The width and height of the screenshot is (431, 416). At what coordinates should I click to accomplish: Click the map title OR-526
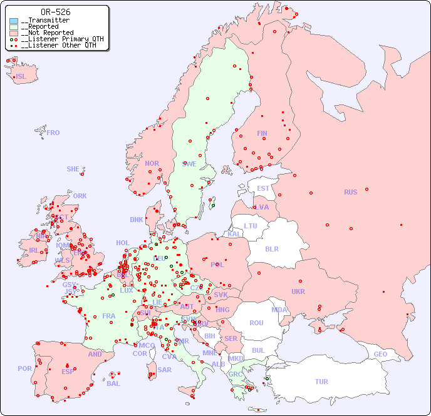pyautogui.click(x=55, y=12)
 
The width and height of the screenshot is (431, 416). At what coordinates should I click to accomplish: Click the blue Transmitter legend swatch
pyautogui.click(x=14, y=21)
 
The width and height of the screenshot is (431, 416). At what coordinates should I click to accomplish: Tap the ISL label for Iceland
pyautogui.click(x=21, y=77)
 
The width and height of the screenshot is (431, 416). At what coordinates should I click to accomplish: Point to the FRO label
pyautogui.click(x=53, y=133)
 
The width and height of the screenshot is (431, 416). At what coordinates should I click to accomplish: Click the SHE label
pyautogui.click(x=73, y=169)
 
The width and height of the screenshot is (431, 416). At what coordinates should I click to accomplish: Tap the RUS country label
pyautogui.click(x=350, y=192)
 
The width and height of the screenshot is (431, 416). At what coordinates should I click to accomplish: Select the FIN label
pyautogui.click(x=262, y=133)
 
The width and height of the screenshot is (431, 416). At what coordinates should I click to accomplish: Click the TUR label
pyautogui.click(x=321, y=382)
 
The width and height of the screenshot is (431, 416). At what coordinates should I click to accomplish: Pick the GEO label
pyautogui.click(x=380, y=354)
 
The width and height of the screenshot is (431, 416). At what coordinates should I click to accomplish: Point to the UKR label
pyautogui.click(x=298, y=292)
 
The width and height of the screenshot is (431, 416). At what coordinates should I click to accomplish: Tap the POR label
pyautogui.click(x=24, y=368)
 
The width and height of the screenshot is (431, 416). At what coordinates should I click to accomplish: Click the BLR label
pyautogui.click(x=271, y=248)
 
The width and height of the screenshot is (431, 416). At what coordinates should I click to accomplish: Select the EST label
pyautogui.click(x=263, y=188)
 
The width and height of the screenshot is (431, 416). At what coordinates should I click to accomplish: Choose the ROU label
pyautogui.click(x=256, y=323)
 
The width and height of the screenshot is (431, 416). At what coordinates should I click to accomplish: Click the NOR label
pyautogui.click(x=152, y=163)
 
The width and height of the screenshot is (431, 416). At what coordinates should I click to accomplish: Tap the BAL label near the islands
pyautogui.click(x=113, y=383)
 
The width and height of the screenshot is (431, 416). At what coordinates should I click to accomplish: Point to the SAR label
pyautogui.click(x=164, y=370)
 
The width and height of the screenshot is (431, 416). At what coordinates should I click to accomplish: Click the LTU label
pyautogui.click(x=251, y=226)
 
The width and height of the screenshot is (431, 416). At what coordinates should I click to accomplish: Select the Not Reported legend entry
pyautogui.click(x=47, y=33)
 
